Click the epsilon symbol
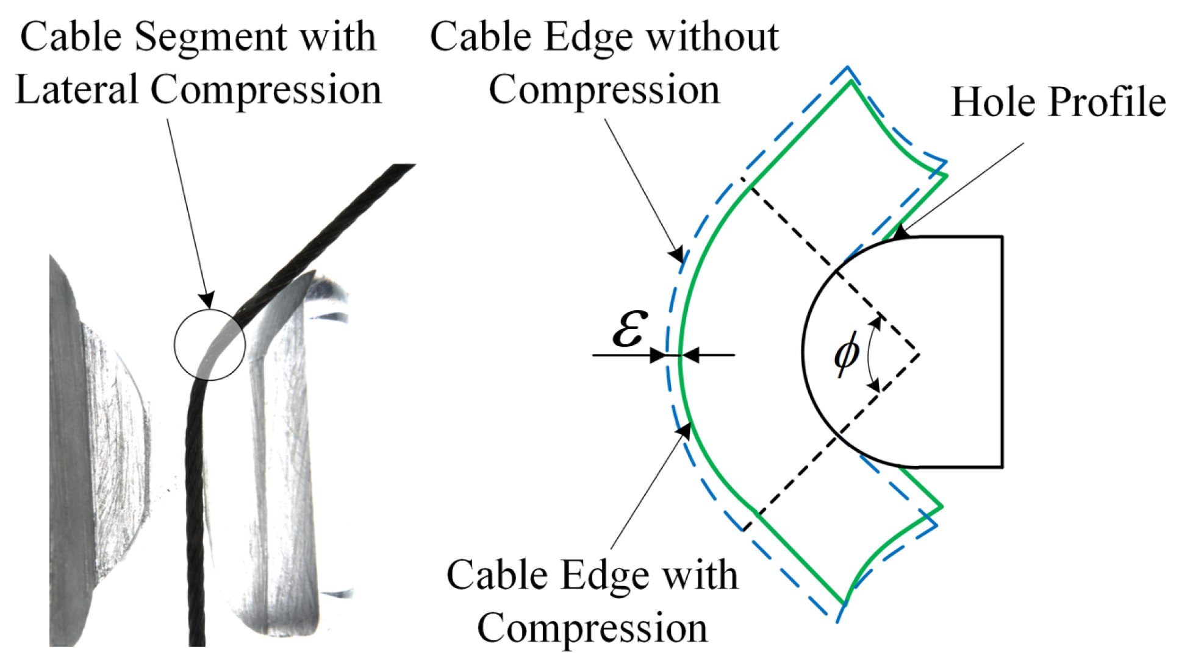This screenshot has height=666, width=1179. point(629,330)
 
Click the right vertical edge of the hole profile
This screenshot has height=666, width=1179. point(1002,352)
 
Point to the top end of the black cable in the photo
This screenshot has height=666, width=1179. point(403,167)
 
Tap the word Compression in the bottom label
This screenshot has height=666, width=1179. point(592,628)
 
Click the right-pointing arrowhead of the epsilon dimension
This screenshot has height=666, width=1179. point(659,355)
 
